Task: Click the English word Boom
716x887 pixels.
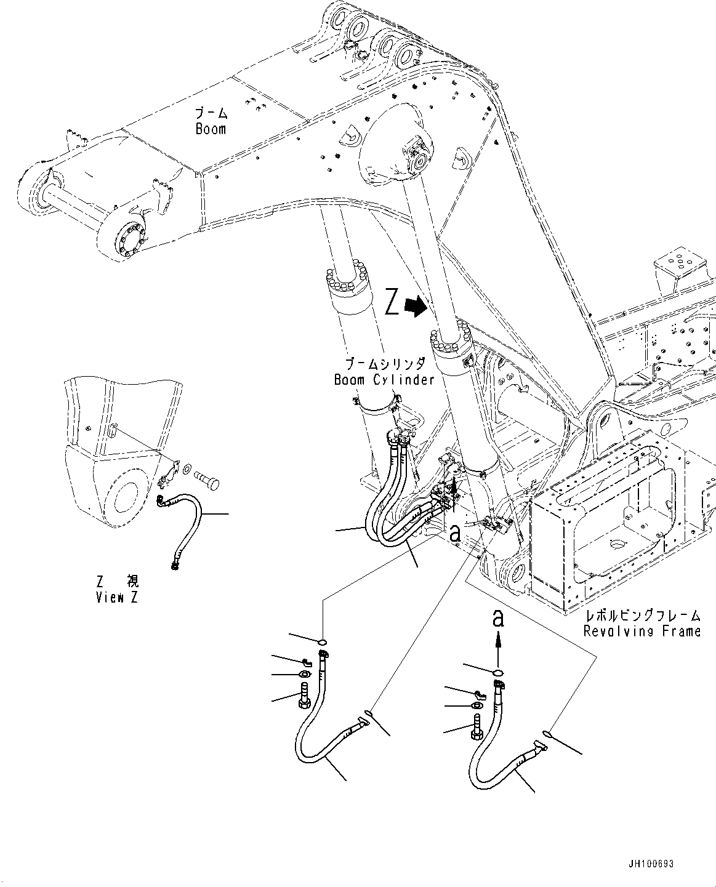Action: pos(211,129)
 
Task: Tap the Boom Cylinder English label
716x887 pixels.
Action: pos(384,380)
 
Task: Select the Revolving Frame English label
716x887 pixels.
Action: pos(642,631)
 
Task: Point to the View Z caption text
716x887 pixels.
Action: pos(116,598)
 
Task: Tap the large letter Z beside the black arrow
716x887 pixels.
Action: pos(392,304)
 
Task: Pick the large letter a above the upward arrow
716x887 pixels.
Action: pos(498,618)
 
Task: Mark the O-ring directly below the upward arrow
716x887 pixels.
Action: pos(499,672)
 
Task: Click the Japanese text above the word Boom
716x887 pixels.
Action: pos(211,113)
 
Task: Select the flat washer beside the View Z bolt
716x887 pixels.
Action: pos(187,470)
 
